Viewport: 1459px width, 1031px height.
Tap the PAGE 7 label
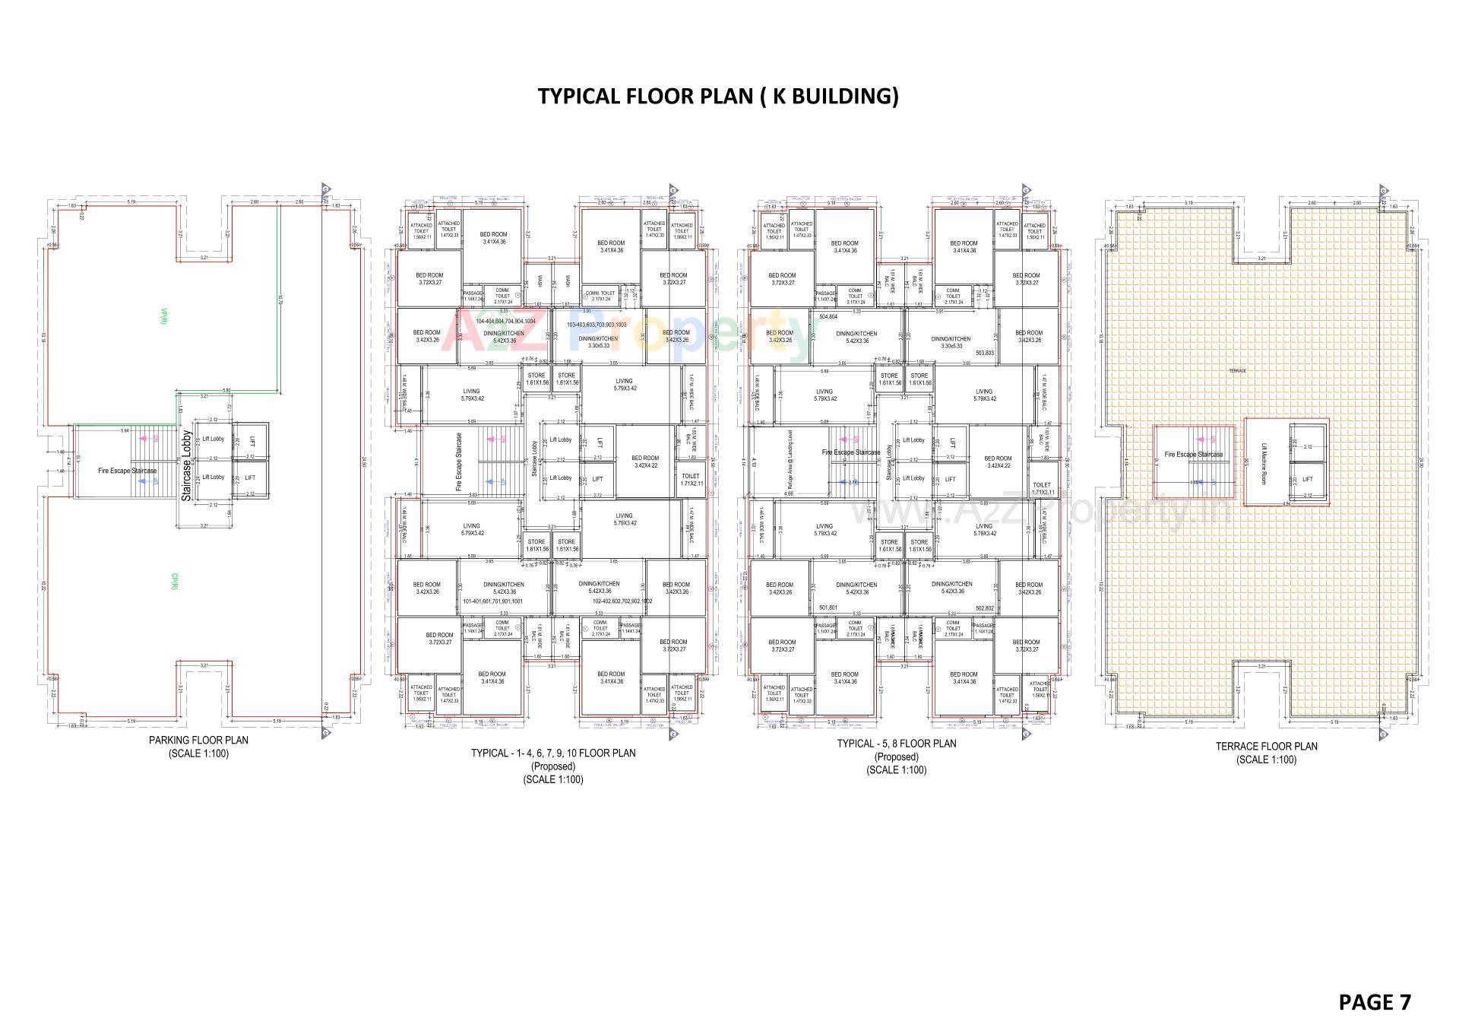pyautogui.click(x=1374, y=1002)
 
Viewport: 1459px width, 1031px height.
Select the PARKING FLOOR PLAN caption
pyautogui.click(x=198, y=740)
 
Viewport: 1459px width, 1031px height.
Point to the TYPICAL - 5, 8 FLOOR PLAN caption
pyautogui.click(x=896, y=744)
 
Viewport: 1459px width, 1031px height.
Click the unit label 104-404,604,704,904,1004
pyautogui.click(x=505, y=322)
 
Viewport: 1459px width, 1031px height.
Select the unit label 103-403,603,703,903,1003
pyautogui.click(x=597, y=325)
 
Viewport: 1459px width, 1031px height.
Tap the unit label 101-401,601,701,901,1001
pyautogui.click(x=492, y=601)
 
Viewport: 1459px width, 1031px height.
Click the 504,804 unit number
pyautogui.click(x=828, y=316)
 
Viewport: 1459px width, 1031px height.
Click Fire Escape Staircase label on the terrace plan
pyautogui.click(x=1193, y=455)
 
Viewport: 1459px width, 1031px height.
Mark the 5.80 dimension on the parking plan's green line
pyautogui.click(x=226, y=391)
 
